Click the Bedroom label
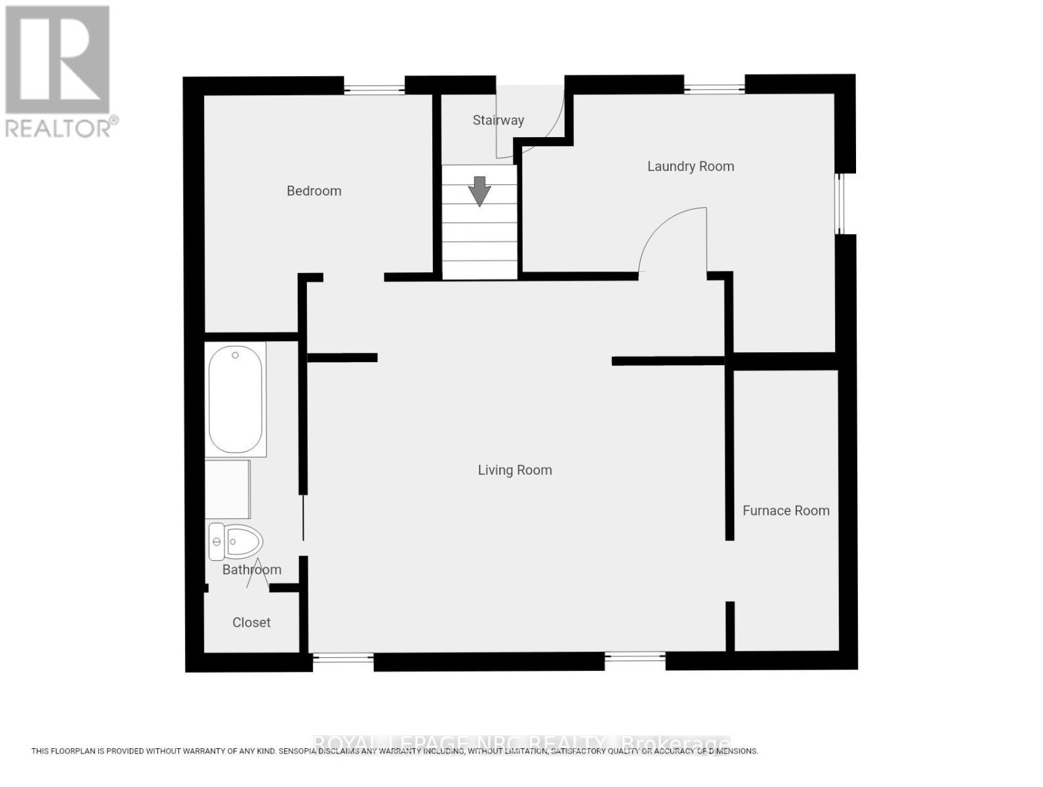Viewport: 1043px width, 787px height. [x=314, y=191]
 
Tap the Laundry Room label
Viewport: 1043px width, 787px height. [x=690, y=167]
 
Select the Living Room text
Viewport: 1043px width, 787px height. [x=514, y=470]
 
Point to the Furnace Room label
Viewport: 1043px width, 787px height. [x=785, y=511]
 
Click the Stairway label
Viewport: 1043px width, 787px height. [x=498, y=120]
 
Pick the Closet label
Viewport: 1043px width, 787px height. [x=251, y=622]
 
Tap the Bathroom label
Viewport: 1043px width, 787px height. [x=251, y=570]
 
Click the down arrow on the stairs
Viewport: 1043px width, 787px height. [x=480, y=191]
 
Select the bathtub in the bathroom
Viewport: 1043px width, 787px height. [x=235, y=399]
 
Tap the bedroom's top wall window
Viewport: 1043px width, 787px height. [x=374, y=87]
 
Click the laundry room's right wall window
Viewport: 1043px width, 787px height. [x=840, y=203]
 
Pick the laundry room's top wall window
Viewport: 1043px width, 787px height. [x=714, y=85]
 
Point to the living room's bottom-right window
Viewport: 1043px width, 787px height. [x=634, y=656]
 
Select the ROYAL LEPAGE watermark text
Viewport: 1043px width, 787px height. [x=521, y=744]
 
